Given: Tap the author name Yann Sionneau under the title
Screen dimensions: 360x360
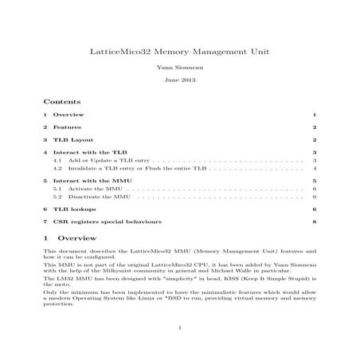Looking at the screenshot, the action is (x=179, y=68).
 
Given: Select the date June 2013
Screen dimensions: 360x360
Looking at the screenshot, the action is (x=179, y=81).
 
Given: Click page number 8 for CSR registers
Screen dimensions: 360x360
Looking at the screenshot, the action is (x=315, y=221).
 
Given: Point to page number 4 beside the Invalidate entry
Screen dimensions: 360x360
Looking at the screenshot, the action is (x=315, y=169).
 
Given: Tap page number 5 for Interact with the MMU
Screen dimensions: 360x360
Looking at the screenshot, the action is (x=315, y=182).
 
